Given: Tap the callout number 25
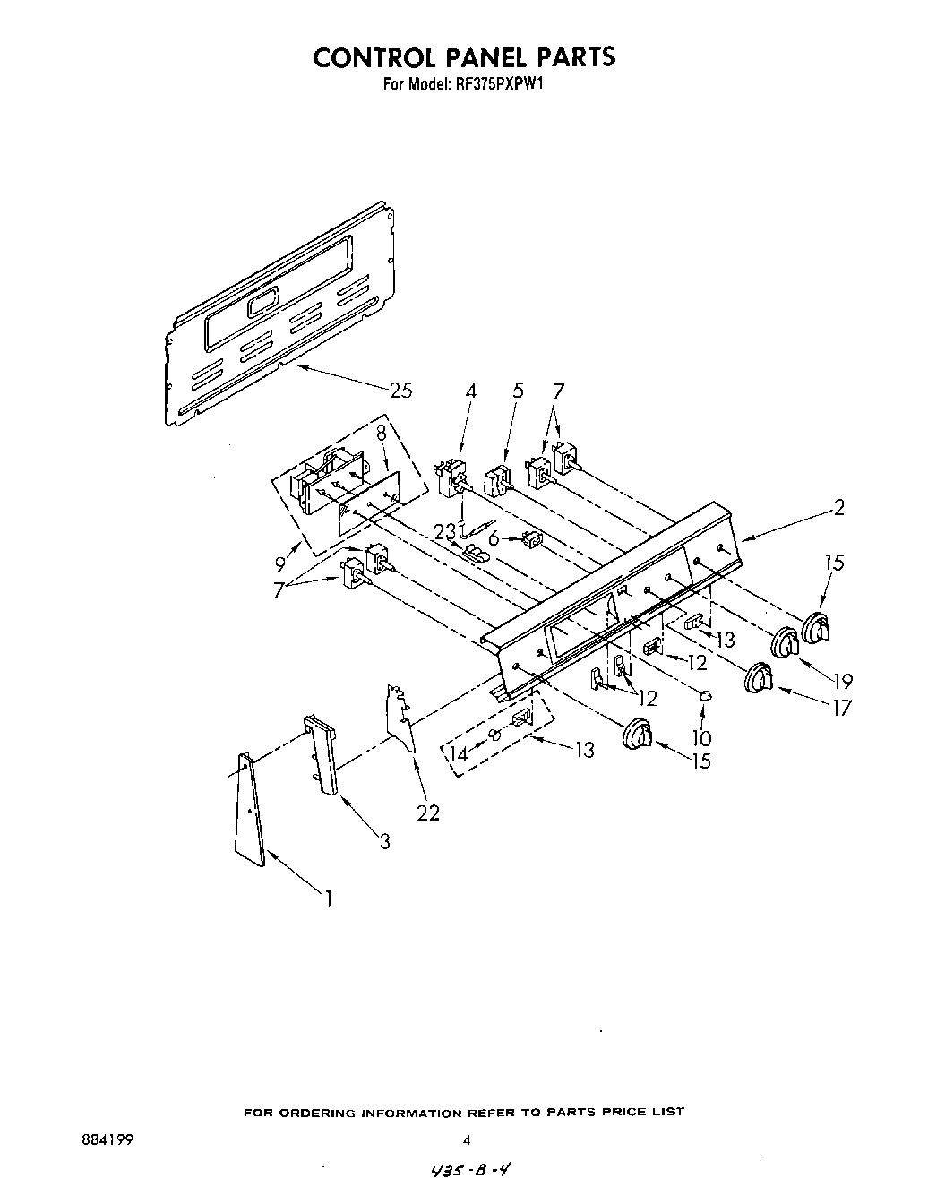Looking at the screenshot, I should click(400, 390).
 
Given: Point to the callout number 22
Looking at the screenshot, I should click(428, 812).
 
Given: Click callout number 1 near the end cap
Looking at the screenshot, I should click(328, 897).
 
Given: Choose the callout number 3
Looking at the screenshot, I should click(384, 841).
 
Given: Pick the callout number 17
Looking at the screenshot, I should click(841, 708).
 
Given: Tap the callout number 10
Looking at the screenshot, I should click(701, 736).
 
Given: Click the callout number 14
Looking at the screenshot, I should click(459, 754).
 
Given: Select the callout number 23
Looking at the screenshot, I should click(445, 531).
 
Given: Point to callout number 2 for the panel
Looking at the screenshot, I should click(838, 508).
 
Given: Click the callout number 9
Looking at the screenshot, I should click(281, 564).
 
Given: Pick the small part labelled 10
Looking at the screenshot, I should click(704, 693).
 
